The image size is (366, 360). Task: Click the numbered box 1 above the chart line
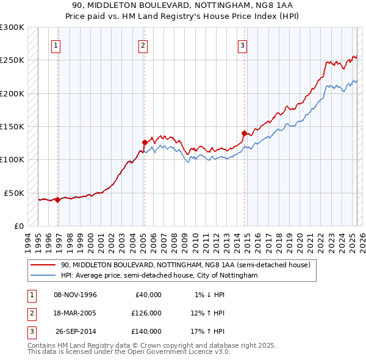coord(56,45)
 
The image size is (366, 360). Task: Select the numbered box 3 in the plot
coord(242,45)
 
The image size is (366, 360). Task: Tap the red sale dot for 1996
coord(57,200)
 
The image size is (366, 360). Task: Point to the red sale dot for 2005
coord(145,143)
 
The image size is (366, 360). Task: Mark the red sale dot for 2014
coord(244,133)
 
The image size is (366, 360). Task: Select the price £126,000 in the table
coord(146,313)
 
